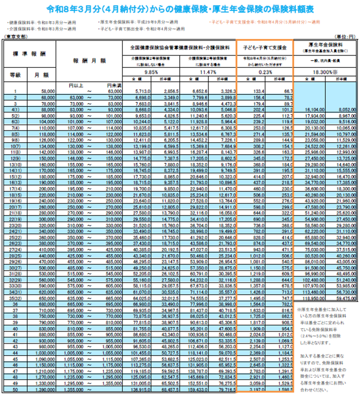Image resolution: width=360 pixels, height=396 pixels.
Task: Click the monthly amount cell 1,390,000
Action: (44, 389)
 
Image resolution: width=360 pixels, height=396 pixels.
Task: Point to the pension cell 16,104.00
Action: (311, 110)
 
